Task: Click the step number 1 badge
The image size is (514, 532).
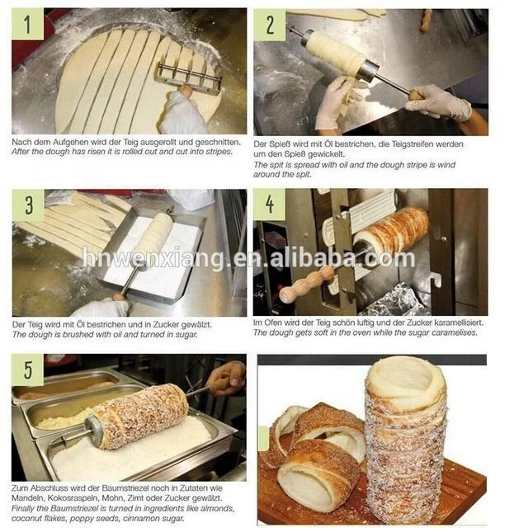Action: click(x=27, y=24)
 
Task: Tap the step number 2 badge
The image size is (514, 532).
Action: click(x=270, y=25)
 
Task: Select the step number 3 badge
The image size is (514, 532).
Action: click(x=28, y=205)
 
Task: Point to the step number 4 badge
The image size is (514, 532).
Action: click(x=269, y=205)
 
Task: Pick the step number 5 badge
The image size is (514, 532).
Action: click(x=27, y=370)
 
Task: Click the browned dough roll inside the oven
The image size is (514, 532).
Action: click(x=390, y=232)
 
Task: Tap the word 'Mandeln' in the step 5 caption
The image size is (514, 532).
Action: click(x=27, y=498)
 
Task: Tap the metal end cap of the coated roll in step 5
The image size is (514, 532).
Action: click(x=93, y=431)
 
